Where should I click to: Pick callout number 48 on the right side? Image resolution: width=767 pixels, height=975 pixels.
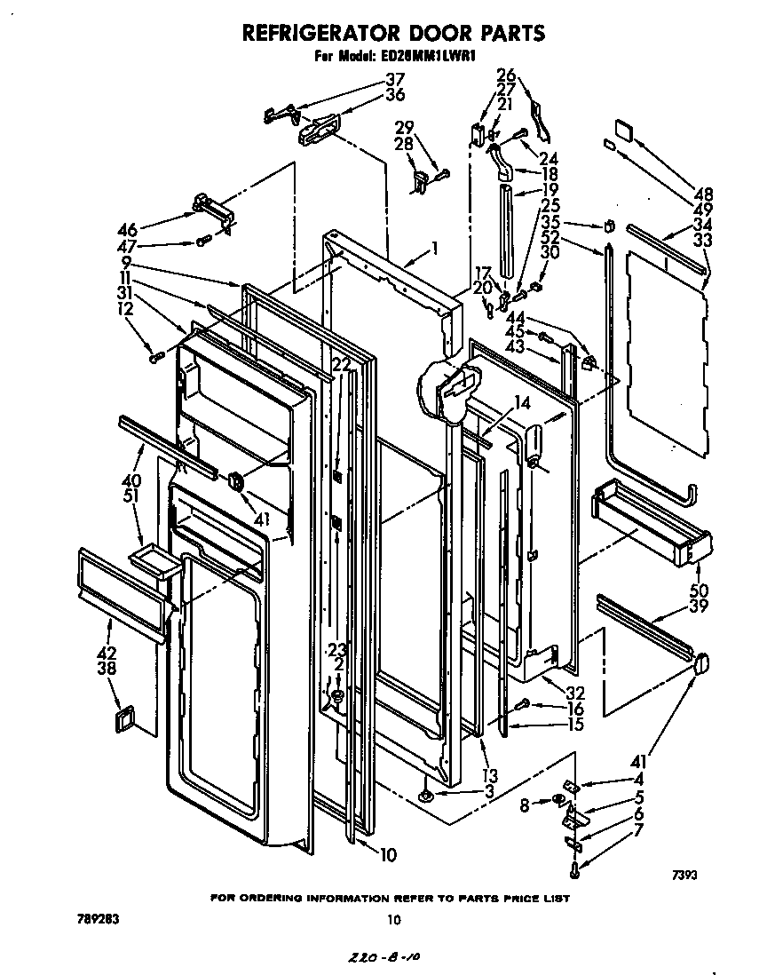click(703, 194)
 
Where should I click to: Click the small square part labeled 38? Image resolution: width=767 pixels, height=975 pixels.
click(123, 718)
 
